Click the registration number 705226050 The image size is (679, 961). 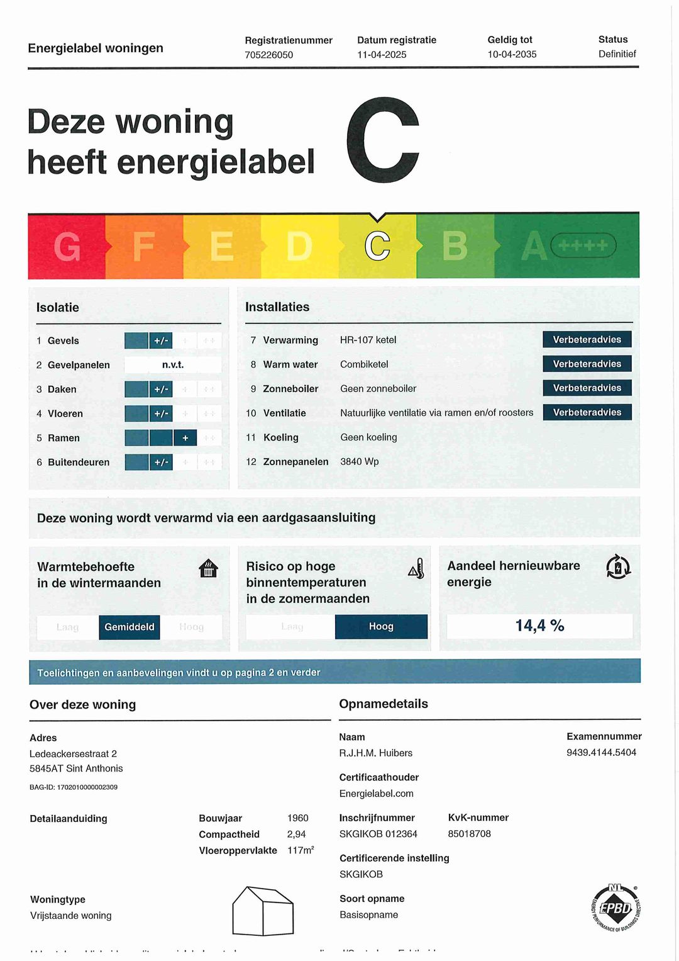coord(269,55)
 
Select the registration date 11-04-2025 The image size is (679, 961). coord(382,55)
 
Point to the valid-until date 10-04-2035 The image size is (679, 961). coord(512,54)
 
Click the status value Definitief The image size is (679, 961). coord(617,54)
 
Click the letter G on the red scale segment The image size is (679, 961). coord(67,247)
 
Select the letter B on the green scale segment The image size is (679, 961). coord(455,246)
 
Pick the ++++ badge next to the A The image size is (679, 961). coord(583,245)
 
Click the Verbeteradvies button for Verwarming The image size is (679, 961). coord(587,340)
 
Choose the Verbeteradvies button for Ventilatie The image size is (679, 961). coord(587,412)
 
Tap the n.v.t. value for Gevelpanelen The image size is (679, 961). coord(173,365)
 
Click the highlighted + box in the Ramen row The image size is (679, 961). coord(185,438)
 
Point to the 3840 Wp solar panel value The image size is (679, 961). coord(360,462)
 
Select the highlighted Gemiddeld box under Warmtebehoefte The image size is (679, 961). coord(130,627)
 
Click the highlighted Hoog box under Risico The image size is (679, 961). coord(381,627)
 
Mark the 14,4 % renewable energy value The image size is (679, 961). coord(539,626)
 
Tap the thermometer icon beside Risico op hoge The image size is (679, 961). coord(417,568)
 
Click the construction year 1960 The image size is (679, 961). coord(298,818)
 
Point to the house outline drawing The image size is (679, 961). coord(263,911)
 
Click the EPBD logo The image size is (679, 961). coord(616,908)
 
